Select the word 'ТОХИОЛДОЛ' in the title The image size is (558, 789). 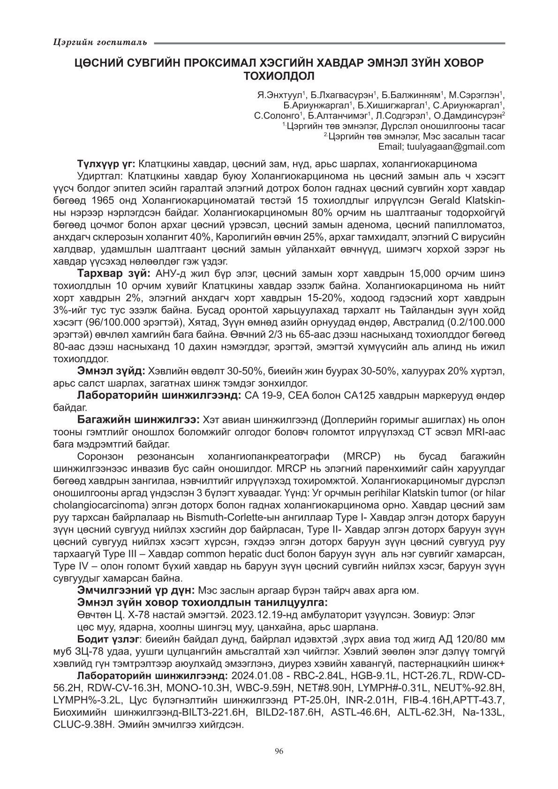(279, 75)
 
